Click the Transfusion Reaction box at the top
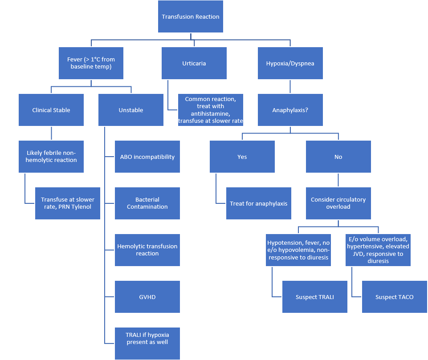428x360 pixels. coord(191,16)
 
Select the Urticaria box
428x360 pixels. coord(194,63)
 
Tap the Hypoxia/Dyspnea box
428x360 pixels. coord(290,63)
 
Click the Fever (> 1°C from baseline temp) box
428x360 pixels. coord(91,63)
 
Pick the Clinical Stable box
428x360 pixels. coord(51,110)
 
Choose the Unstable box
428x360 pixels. coord(131,110)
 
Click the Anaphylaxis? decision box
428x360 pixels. coord(290,110)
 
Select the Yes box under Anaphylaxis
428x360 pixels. coord(242,157)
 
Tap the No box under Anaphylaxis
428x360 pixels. coord(338,157)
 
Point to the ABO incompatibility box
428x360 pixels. coord(147,157)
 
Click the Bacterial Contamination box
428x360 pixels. coord(147,203)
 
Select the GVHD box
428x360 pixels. coord(147,297)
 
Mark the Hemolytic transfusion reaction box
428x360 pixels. coord(147,250)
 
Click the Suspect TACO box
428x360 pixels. coord(395,297)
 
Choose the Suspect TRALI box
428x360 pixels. coord(315,297)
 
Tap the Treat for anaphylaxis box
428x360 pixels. coord(259,203)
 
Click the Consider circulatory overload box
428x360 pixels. coord(338,203)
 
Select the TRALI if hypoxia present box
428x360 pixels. coord(147,339)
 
